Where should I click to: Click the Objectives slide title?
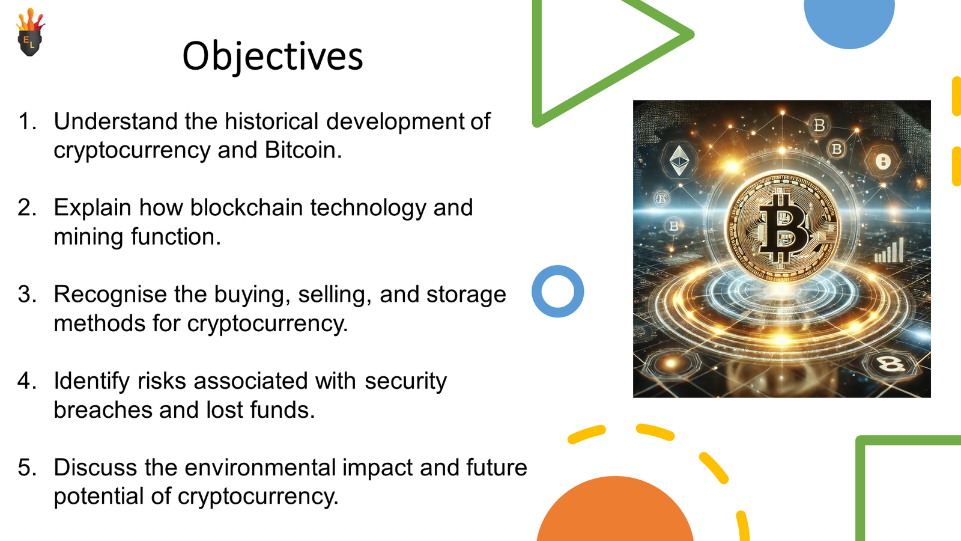(273, 57)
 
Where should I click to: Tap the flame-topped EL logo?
(30, 32)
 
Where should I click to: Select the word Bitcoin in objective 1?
(303, 150)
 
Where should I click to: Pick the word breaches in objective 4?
(103, 409)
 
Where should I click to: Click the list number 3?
(26, 295)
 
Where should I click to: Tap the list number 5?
(26, 468)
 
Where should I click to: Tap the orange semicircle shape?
(615, 511)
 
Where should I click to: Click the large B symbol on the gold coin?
(783, 228)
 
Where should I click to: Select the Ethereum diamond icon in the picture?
(679, 160)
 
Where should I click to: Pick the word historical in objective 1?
(271, 121)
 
